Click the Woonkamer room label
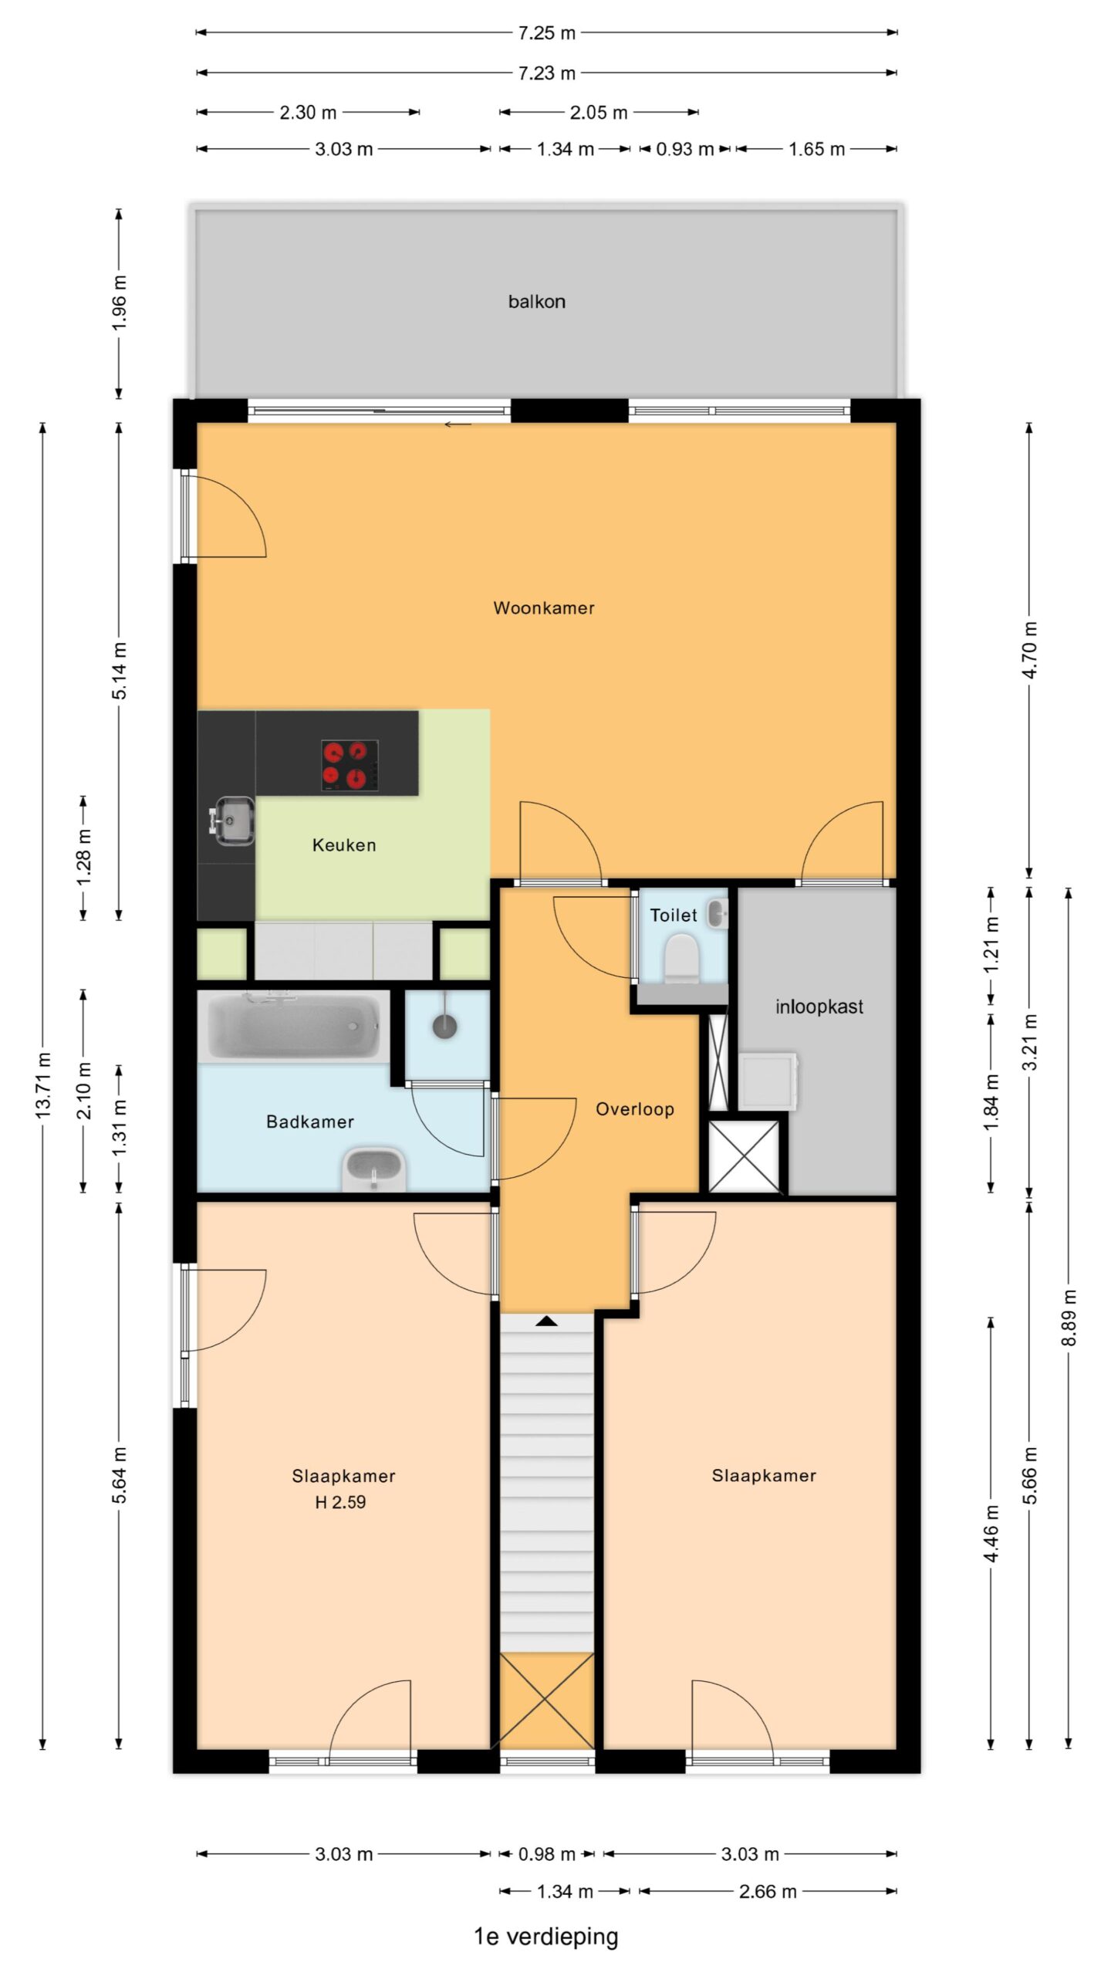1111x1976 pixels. coord(544,608)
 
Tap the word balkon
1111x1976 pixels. coord(536,302)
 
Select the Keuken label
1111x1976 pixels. coord(344,845)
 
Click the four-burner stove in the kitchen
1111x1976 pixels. coord(350,765)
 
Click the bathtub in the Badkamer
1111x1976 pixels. coord(293,1026)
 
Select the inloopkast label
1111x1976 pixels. coord(819,1007)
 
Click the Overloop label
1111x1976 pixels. coord(635,1109)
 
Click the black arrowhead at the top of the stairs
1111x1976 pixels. coord(547,1321)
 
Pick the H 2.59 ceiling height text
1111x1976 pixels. coord(340,1502)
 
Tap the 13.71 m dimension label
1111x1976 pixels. coord(43,1084)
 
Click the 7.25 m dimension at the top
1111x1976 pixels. coord(546,33)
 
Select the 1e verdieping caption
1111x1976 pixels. coord(546,1937)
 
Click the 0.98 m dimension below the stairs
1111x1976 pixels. coord(547,1854)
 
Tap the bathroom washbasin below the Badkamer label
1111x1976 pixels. coord(373,1169)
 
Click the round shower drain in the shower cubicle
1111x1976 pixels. coord(445,1027)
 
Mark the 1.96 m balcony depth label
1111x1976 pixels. coord(120,303)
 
